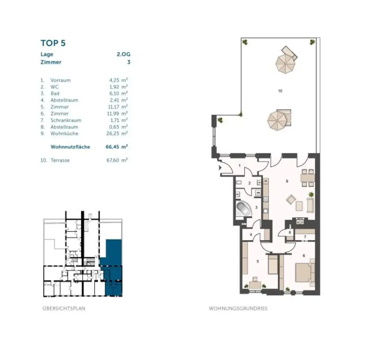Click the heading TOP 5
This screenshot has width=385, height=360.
coord(53,43)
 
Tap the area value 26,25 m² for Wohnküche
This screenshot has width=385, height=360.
coord(117,134)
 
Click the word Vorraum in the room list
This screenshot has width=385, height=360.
coord(61,80)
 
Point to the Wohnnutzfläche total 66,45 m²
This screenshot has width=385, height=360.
coord(117,147)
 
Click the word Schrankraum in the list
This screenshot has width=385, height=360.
coord(66,120)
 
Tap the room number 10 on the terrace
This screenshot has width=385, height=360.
coord(280,91)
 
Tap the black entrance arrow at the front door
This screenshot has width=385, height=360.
coord(220,169)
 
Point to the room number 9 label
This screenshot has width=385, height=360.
coord(287,181)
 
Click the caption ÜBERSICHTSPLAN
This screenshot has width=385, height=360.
coord(64,308)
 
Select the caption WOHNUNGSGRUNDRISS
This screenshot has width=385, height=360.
coord(238,308)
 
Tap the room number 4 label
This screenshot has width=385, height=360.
coord(250,235)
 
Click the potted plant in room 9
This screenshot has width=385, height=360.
coord(311,194)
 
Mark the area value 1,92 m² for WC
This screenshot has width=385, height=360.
coord(117,87)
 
